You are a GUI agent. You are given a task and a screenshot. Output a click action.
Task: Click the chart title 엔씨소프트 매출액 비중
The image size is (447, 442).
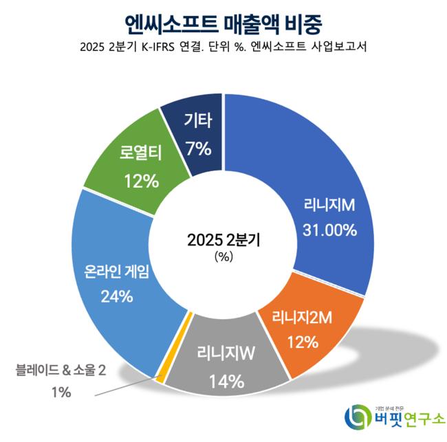[x=223, y=25]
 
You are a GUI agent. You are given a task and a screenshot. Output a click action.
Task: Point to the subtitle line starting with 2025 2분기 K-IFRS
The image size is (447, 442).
[x=223, y=48]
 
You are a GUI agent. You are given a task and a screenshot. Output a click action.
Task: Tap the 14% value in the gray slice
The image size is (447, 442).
[x=228, y=381]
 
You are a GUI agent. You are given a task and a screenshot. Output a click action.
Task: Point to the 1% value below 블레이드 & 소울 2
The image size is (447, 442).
[x=61, y=393]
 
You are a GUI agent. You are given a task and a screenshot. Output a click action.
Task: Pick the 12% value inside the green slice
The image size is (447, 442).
[x=142, y=180]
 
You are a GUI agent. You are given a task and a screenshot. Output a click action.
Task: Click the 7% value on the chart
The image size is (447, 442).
[x=198, y=148]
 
